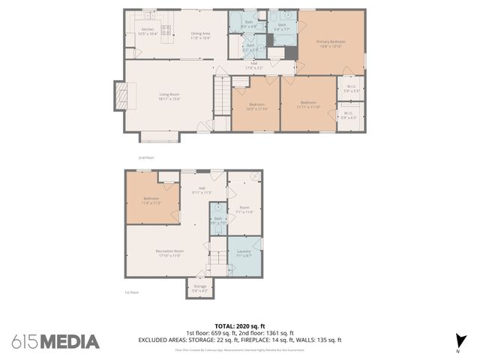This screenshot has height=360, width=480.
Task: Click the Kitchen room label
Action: [148, 31]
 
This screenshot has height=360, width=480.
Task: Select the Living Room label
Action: [169, 96]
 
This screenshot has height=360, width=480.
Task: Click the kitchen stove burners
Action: [166, 31]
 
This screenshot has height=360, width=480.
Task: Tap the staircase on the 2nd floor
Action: [223, 95]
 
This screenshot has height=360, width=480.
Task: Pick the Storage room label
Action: [199, 287]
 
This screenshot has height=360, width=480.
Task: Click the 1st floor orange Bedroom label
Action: [151, 200]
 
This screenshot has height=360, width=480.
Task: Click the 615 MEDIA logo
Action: [55, 341]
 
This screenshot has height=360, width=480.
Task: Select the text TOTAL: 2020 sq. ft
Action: [239, 326]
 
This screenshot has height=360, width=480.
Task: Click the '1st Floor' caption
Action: [132, 293]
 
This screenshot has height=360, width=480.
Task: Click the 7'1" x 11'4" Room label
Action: [244, 209]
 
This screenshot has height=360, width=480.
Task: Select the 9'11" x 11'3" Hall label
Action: [202, 190]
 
